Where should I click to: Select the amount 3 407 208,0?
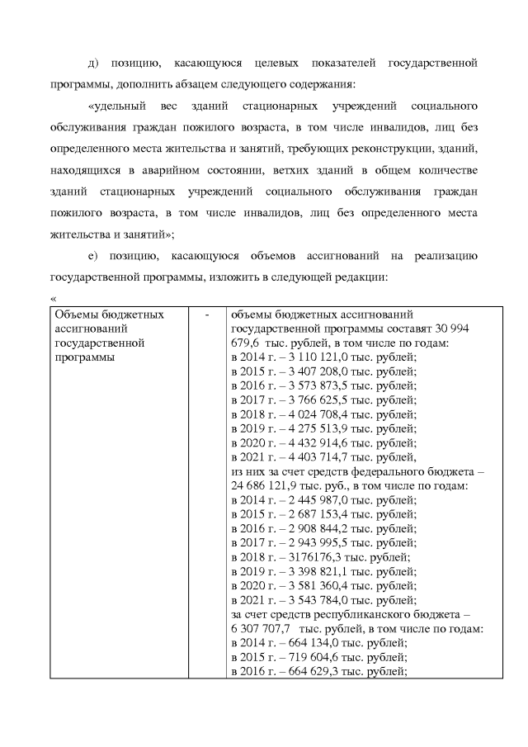pos(313,371)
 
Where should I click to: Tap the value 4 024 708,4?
pos(313,414)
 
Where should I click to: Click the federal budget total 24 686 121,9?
pos(270,485)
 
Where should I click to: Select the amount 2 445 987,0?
pos(313,500)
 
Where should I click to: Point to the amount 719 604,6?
pos(309,657)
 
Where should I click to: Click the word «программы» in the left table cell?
pos(83,357)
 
